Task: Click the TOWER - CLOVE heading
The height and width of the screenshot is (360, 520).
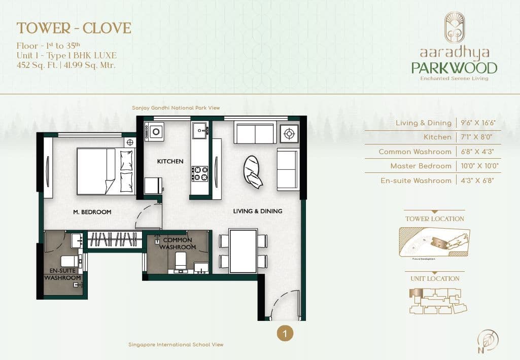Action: (x=74, y=28)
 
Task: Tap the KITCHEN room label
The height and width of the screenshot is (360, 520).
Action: (x=170, y=161)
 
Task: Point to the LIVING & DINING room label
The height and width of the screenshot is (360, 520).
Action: (x=258, y=211)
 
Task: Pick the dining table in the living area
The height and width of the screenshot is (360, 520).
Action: (x=243, y=251)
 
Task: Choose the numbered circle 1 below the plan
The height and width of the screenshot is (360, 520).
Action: (x=285, y=333)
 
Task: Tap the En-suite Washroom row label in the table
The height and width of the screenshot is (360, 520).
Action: (x=415, y=181)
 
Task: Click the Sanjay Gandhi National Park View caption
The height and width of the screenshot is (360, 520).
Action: (x=176, y=108)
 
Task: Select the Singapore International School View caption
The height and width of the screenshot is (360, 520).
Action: (x=176, y=345)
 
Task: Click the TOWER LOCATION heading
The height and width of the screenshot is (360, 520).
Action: (x=434, y=219)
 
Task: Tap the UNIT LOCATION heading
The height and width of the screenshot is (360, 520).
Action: (x=435, y=279)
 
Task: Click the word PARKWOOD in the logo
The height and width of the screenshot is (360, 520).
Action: (x=454, y=67)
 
